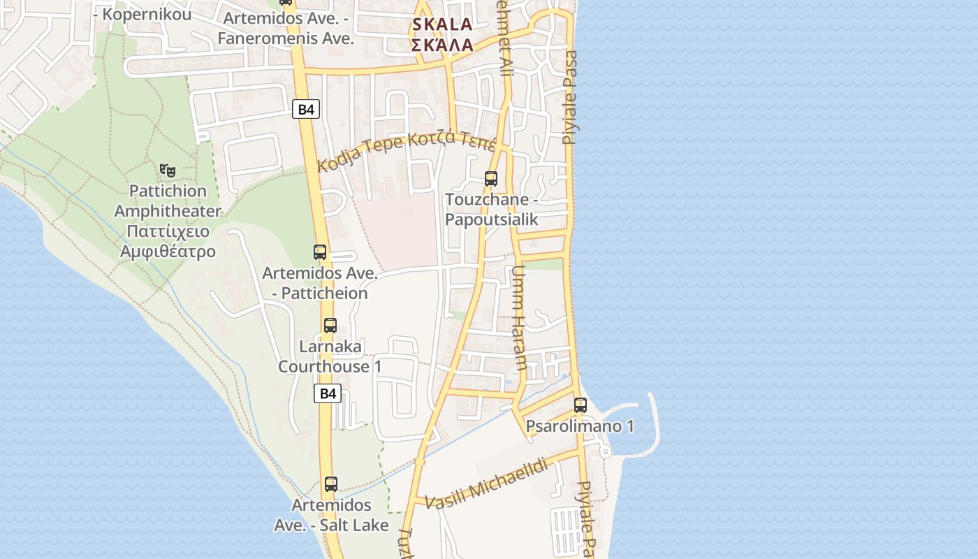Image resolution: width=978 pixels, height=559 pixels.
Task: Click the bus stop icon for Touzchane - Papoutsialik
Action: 491,179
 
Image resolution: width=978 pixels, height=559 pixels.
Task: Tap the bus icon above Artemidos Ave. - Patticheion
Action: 320,252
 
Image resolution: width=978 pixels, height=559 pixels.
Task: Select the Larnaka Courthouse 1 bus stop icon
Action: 330,325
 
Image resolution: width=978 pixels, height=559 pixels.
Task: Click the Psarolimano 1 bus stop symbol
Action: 581,405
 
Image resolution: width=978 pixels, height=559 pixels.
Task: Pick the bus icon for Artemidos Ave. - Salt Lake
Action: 331,484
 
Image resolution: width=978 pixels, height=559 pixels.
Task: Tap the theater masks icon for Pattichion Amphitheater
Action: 168,170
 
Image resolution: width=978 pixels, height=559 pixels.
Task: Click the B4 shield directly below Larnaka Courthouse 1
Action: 328,393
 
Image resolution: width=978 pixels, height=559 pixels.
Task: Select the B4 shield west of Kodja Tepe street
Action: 306,109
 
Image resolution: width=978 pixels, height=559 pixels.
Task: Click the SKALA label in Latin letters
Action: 442,24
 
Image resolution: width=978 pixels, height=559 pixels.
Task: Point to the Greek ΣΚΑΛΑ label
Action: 442,45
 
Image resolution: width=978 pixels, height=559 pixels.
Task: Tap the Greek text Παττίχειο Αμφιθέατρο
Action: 168,241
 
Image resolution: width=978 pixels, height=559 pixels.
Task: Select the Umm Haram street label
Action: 520,318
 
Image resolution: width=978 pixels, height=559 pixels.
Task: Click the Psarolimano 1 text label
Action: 580,426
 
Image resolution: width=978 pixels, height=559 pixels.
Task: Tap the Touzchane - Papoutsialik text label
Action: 492,209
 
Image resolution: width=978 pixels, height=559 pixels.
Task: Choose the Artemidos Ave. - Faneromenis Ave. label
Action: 285,28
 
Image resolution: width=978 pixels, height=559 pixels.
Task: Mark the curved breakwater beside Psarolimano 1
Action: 654,423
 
